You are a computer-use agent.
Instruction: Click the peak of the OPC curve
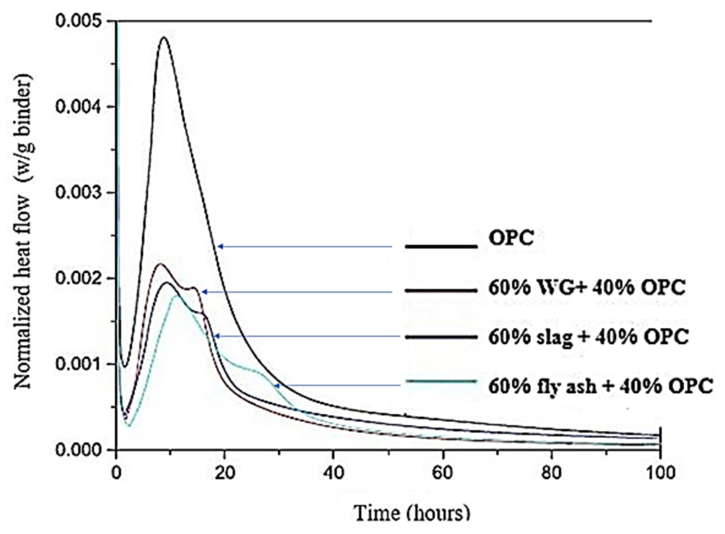pyautogui.click(x=164, y=37)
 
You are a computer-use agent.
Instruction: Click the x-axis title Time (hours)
pyautogui.click(x=412, y=513)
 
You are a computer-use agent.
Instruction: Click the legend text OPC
pyautogui.click(x=511, y=238)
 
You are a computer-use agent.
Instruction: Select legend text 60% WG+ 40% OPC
pyautogui.click(x=587, y=288)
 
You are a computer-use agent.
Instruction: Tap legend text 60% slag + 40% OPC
pyautogui.click(x=588, y=337)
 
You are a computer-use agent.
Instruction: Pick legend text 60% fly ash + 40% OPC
pyautogui.click(x=600, y=386)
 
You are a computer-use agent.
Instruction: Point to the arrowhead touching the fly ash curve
pyautogui.click(x=277, y=385)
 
